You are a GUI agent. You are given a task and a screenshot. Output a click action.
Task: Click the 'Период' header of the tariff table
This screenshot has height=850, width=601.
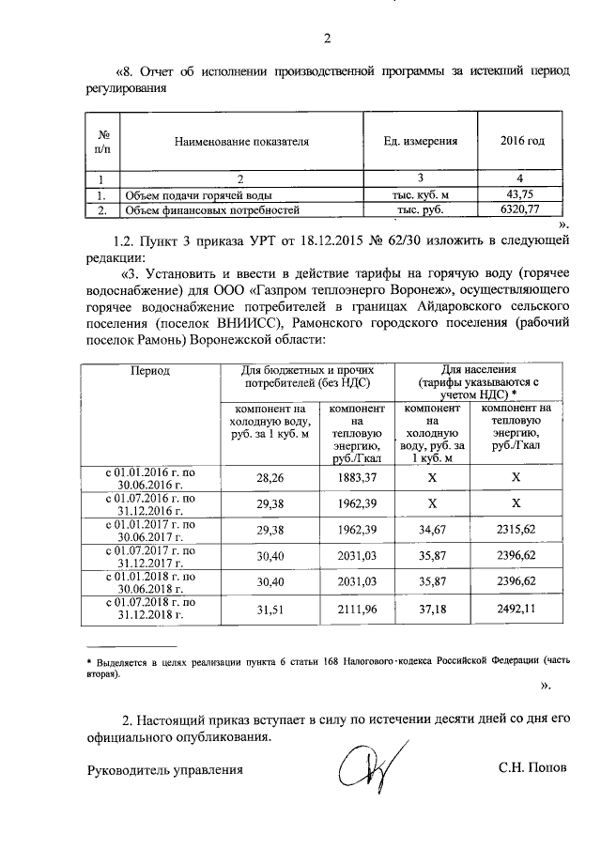click(151, 371)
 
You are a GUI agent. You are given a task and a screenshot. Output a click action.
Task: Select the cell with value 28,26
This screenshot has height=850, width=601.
click(270, 477)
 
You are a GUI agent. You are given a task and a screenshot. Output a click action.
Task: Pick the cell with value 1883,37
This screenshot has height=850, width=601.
click(356, 477)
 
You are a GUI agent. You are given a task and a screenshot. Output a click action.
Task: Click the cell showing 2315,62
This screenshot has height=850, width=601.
click(516, 531)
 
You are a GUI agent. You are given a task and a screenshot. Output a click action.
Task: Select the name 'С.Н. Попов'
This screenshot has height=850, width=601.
click(532, 768)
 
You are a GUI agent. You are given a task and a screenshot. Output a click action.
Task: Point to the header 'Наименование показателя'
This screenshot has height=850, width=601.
click(241, 142)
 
